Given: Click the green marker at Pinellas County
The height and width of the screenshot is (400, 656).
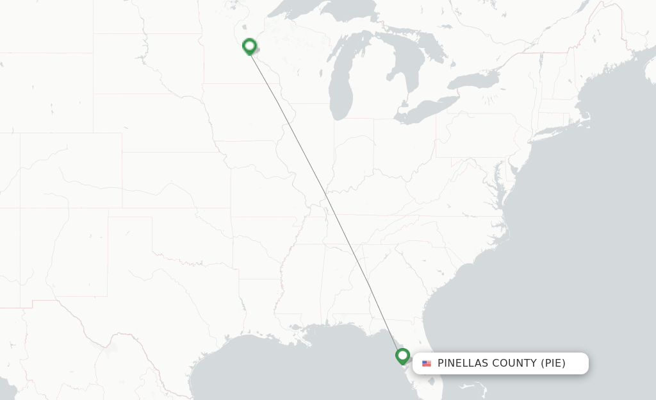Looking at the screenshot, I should point(402,356).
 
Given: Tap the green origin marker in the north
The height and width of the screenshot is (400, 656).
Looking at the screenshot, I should point(249,46).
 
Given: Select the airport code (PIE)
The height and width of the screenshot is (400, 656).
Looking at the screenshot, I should point(553,363).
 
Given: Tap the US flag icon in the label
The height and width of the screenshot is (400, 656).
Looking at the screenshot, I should point(427,363).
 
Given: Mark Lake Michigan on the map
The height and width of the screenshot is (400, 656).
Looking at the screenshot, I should point(339,83).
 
